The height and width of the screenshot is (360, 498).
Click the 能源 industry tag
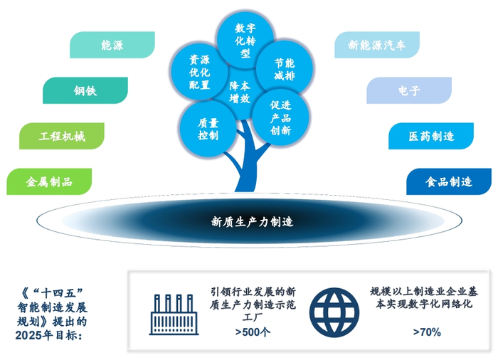tap(112, 46)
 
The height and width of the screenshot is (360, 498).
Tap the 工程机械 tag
tap(62, 136)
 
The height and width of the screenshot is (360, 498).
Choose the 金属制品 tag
tap(49, 181)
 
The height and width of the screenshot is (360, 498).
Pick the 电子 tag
tap(409, 90)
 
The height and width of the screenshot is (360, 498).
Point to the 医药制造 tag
tap(431, 136)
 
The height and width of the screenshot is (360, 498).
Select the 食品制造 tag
tap(449, 181)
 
